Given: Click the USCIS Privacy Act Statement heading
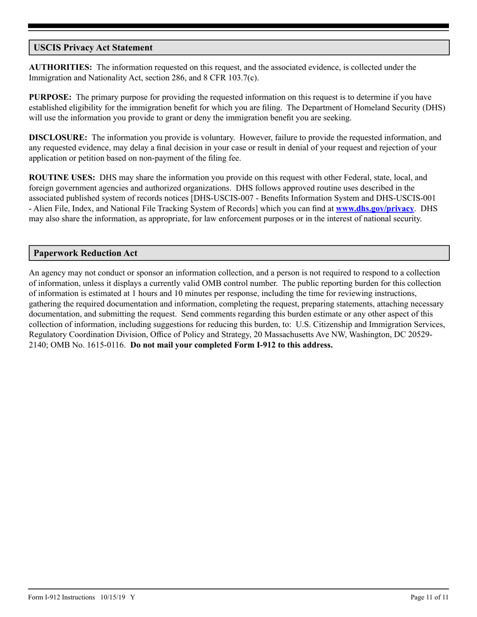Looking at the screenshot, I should tap(93, 48).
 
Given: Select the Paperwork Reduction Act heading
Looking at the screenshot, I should tap(85, 253).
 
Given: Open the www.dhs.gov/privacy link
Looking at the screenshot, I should tap(375, 208).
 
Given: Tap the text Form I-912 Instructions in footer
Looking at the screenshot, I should tap(61, 597).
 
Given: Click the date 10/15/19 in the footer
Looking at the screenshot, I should tap(112, 597).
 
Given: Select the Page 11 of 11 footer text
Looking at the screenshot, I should tap(429, 597).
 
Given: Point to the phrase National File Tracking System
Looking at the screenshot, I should tap(140, 208).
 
